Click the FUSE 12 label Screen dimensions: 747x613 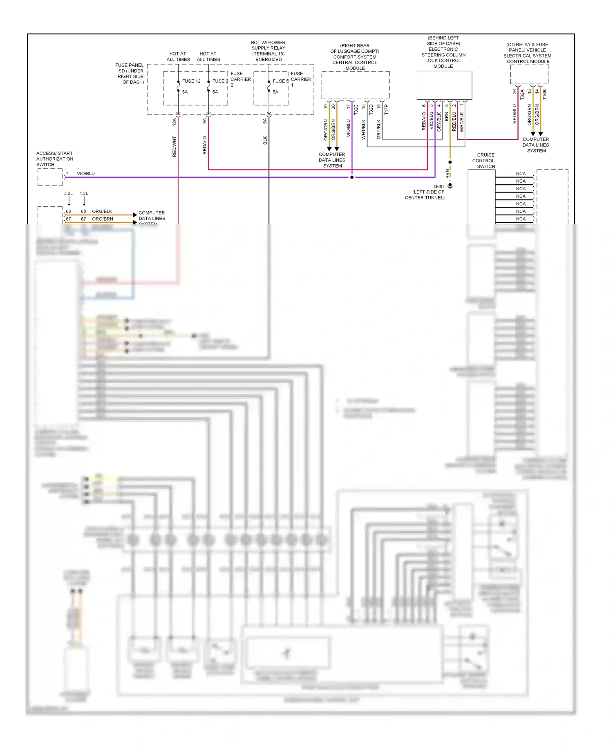tap(191, 81)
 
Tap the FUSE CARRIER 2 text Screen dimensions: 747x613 tap(240, 79)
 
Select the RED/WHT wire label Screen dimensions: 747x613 tap(175, 147)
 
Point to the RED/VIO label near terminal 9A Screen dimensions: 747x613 tap(205, 145)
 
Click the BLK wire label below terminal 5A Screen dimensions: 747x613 tap(265, 140)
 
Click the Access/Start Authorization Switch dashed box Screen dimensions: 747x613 tap(50, 177)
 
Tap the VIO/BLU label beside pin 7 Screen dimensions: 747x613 tap(86, 174)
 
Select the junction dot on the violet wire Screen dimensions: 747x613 tap(352, 177)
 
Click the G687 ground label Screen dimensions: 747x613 tap(439, 186)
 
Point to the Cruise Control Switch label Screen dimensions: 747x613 tap(485, 161)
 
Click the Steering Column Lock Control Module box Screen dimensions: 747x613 tap(444, 85)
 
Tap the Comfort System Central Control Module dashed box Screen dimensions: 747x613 tap(356, 85)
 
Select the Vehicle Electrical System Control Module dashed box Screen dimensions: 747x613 tap(529, 74)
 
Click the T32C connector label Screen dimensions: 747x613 tap(356, 109)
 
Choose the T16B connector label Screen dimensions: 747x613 tap(545, 95)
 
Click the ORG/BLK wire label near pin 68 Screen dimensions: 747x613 tap(102, 211)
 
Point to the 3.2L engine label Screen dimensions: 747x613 tap(68, 193)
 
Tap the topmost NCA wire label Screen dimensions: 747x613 tap(521, 174)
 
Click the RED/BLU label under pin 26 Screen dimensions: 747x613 tap(515, 114)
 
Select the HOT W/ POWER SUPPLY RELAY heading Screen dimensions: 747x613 tap(268, 51)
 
